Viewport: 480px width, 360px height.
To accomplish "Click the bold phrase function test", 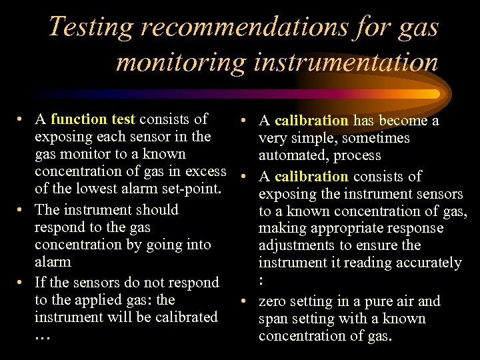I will coord(93,119).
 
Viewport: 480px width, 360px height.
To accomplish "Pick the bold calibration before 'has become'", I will coord(311,121).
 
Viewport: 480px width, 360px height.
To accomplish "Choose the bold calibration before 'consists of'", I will coord(311,177).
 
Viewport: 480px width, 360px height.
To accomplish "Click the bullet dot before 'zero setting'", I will coord(247,301).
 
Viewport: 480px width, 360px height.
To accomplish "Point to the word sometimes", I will coord(377,138).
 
